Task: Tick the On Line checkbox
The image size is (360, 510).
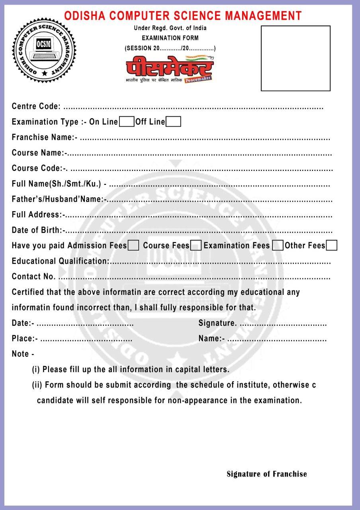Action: [x=127, y=122]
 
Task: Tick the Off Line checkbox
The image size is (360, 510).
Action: [x=173, y=122]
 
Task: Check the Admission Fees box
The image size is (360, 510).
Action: [x=133, y=245]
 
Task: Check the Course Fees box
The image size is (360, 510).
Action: [x=196, y=245]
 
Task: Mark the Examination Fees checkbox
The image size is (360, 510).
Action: [x=278, y=245]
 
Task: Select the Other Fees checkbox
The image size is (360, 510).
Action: [x=331, y=245]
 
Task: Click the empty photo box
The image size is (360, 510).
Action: [x=295, y=58]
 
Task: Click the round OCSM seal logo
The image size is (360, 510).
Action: [x=44, y=49]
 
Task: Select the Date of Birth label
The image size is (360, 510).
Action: [x=38, y=230]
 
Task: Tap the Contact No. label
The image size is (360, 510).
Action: [x=34, y=277]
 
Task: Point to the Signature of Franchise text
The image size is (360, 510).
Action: [x=267, y=474]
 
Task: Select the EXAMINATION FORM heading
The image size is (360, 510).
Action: [x=170, y=38]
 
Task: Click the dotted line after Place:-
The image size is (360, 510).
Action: [x=86, y=339]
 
